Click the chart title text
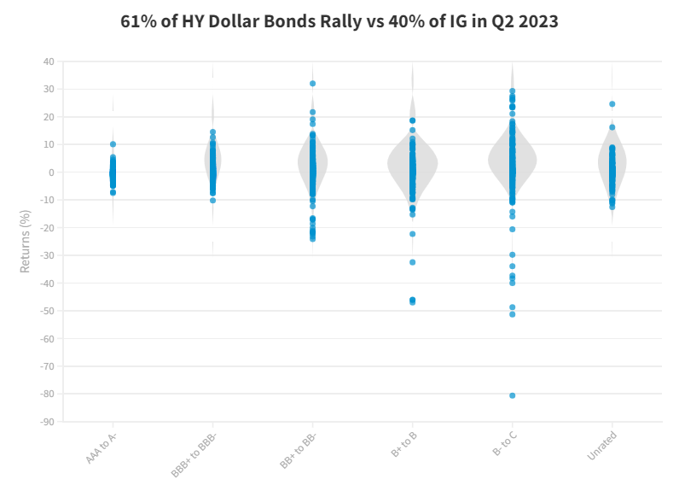coord(339,22)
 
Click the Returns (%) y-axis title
coord(25,242)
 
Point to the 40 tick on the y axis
coord(48,61)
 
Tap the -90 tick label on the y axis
coord(46,422)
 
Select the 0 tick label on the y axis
coord(51,172)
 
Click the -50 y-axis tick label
coord(46,311)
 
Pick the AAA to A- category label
coord(102,447)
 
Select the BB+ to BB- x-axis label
coord(296,451)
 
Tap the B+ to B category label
coord(403,444)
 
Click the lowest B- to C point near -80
coord(513,395)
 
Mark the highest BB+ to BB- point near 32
coord(313,84)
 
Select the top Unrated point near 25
coord(612,104)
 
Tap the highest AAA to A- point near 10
coord(113,144)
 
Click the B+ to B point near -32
coord(413,262)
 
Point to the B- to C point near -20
coord(513,229)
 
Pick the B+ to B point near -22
coord(413,234)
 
